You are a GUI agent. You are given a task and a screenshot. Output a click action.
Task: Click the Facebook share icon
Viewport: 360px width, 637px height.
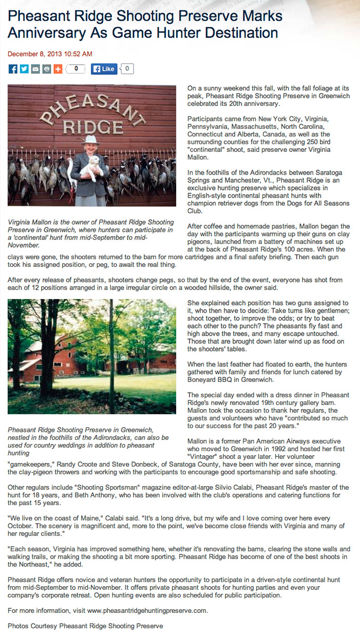13,69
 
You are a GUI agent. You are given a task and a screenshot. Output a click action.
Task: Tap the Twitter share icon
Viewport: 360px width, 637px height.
24,69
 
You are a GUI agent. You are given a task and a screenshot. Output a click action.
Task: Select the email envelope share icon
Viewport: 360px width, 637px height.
35,69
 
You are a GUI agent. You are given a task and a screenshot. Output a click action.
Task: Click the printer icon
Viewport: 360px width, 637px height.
47,69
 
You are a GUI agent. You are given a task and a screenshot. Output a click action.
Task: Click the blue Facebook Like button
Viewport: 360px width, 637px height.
104,69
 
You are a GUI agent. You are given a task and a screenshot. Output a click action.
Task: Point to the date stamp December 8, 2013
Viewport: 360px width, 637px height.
50,53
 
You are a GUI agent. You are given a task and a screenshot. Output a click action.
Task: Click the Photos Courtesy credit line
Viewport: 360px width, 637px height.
85,626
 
